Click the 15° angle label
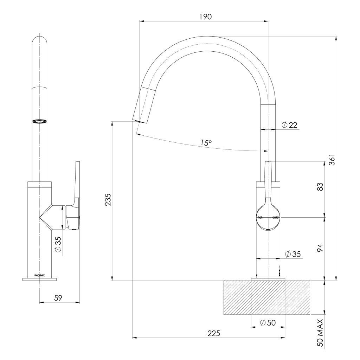[206, 142]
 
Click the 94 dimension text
[320, 248]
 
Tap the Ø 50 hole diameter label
[268, 323]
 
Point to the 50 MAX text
[320, 333]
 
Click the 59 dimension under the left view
[58, 298]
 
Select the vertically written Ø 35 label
[58, 244]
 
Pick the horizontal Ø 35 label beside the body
[293, 254]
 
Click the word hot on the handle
[260, 218]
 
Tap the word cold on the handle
[275, 218]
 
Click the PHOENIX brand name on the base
[39, 275]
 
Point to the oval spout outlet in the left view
[39, 121]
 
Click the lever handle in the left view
[76, 186]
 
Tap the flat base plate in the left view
[39, 279]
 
